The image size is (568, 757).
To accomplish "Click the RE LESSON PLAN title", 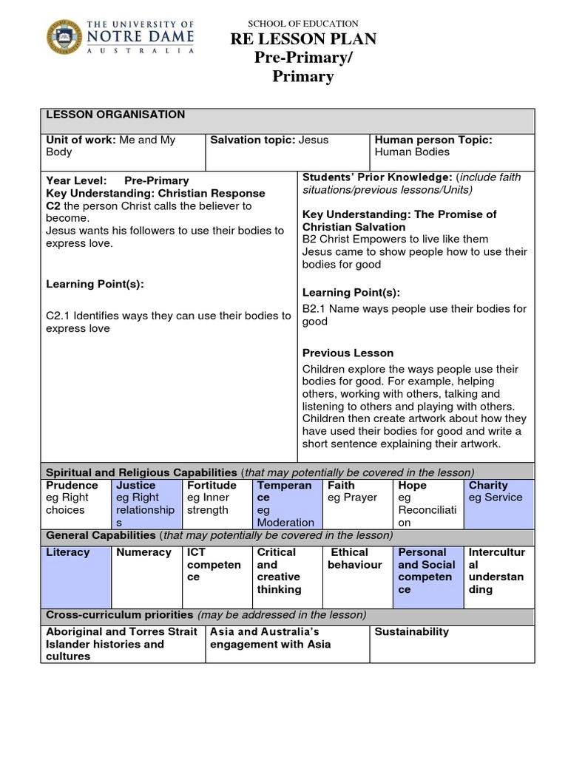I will click(x=303, y=39).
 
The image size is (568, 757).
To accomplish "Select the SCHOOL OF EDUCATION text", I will click(x=303, y=24).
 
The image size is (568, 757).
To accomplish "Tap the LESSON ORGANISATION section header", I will click(x=115, y=115).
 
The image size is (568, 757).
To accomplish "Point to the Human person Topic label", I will click(x=433, y=140).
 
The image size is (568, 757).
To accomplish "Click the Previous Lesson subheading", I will click(x=348, y=353).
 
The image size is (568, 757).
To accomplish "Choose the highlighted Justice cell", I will click(x=145, y=503).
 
